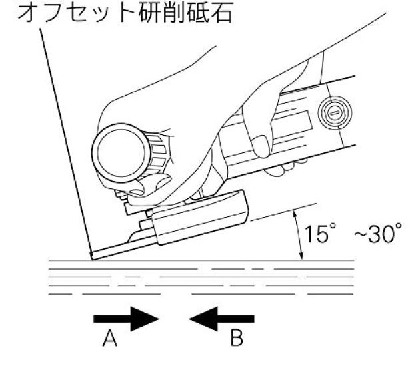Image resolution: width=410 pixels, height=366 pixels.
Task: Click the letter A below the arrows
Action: tap(110, 342)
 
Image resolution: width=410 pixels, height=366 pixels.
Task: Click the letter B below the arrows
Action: tap(237, 342)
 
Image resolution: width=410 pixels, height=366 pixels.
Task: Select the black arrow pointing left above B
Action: tap(221, 317)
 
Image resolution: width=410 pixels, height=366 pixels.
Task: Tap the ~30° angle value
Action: tap(377, 234)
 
